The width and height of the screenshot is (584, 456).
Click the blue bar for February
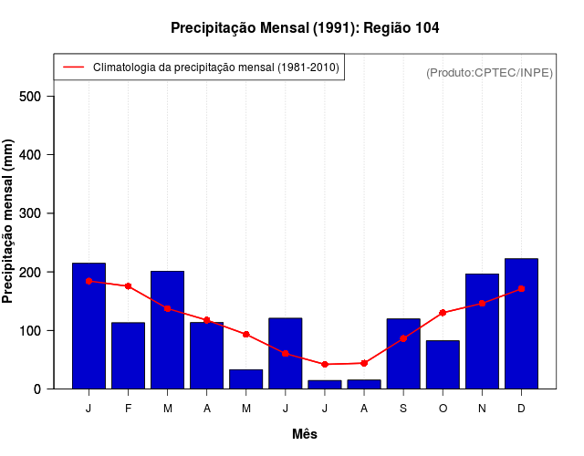click(x=128, y=356)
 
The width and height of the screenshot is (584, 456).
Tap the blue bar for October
click(x=443, y=365)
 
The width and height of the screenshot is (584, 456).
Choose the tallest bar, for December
click(x=521, y=324)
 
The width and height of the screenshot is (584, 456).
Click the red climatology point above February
click(x=128, y=286)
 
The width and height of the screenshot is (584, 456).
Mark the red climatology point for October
click(x=443, y=313)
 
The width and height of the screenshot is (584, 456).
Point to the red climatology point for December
click(x=521, y=288)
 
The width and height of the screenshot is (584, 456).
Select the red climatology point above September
click(x=403, y=338)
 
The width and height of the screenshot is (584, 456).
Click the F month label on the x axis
click(x=128, y=409)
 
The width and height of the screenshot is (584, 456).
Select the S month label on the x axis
click(x=403, y=409)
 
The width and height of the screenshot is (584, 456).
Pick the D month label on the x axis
click(x=521, y=409)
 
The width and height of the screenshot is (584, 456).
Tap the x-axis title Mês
click(x=305, y=434)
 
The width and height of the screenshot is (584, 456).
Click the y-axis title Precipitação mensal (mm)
click(x=9, y=222)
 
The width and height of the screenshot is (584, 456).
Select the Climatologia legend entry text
click(x=216, y=67)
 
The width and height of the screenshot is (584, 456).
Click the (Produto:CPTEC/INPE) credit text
click(x=489, y=72)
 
